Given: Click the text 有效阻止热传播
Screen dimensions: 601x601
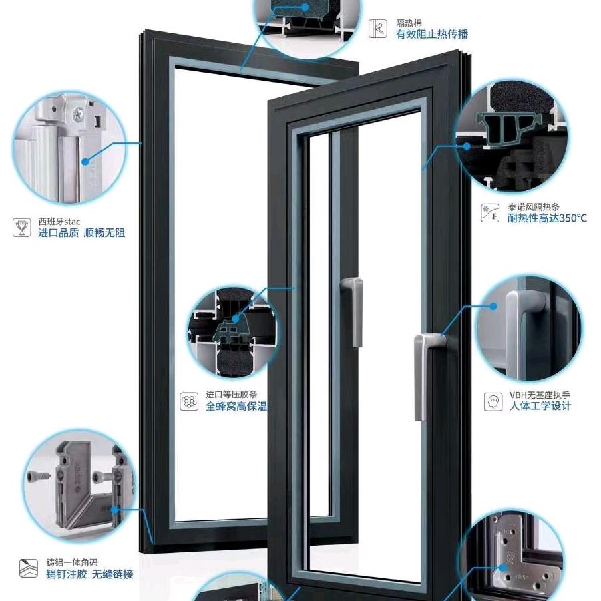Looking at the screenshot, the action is click(432, 35).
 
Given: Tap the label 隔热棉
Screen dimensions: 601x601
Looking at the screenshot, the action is click(409, 23).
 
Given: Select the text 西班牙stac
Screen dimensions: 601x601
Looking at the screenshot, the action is click(59, 222).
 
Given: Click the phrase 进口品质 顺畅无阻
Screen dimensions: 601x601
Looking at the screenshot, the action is click(81, 232).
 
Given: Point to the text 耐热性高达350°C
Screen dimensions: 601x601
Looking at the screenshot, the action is click(547, 218).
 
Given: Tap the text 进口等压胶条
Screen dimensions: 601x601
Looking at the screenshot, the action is click(231, 395).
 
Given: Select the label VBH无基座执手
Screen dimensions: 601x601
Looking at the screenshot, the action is click(540, 395).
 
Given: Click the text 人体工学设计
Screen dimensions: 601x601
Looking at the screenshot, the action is click(540, 406).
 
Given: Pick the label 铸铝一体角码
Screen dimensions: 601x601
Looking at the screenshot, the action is click(72, 562).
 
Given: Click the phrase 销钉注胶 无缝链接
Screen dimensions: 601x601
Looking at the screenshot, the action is click(89, 574).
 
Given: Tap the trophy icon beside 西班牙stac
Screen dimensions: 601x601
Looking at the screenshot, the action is click(22, 228).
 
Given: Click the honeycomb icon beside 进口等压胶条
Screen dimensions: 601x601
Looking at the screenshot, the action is click(189, 401).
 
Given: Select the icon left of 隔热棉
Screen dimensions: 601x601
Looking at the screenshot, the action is click(377, 29).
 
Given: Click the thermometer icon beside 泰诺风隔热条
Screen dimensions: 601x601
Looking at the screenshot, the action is click(490, 213).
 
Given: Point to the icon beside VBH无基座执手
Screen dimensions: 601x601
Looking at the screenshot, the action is click(493, 402).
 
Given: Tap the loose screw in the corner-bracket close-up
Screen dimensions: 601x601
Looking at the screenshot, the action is click(39, 477).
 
